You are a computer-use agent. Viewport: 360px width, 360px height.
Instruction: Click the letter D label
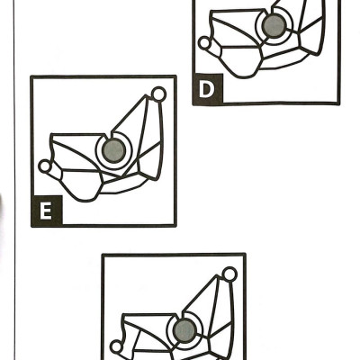click(207, 89)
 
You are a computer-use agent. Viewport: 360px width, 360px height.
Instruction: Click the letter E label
click(46, 211)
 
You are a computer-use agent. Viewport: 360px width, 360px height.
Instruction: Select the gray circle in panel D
click(274, 26)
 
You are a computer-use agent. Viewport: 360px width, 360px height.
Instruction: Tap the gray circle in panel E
click(113, 151)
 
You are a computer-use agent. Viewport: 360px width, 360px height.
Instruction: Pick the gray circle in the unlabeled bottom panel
click(184, 331)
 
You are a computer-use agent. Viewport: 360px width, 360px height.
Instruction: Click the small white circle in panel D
click(204, 43)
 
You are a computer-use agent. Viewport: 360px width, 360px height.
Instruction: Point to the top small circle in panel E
click(158, 94)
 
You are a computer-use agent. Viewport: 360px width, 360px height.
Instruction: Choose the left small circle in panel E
click(45, 166)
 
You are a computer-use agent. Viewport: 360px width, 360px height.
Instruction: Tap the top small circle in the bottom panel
click(229, 274)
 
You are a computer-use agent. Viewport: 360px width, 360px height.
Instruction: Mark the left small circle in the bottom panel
click(116, 347)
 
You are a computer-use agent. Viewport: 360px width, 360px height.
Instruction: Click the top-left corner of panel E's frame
click(31, 76)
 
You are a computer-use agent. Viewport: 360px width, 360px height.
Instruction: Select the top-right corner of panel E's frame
click(175, 76)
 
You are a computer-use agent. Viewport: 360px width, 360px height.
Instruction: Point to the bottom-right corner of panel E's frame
click(175, 225)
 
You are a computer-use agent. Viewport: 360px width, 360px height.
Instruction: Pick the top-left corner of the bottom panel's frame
click(103, 255)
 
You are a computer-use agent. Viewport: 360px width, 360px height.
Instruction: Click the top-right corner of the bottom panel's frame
click(245, 255)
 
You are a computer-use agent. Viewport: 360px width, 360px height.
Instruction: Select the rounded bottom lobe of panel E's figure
click(81, 185)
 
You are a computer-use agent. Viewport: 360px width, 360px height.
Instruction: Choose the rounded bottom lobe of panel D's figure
click(240, 62)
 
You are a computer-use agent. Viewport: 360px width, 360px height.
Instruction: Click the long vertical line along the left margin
click(14, 180)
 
